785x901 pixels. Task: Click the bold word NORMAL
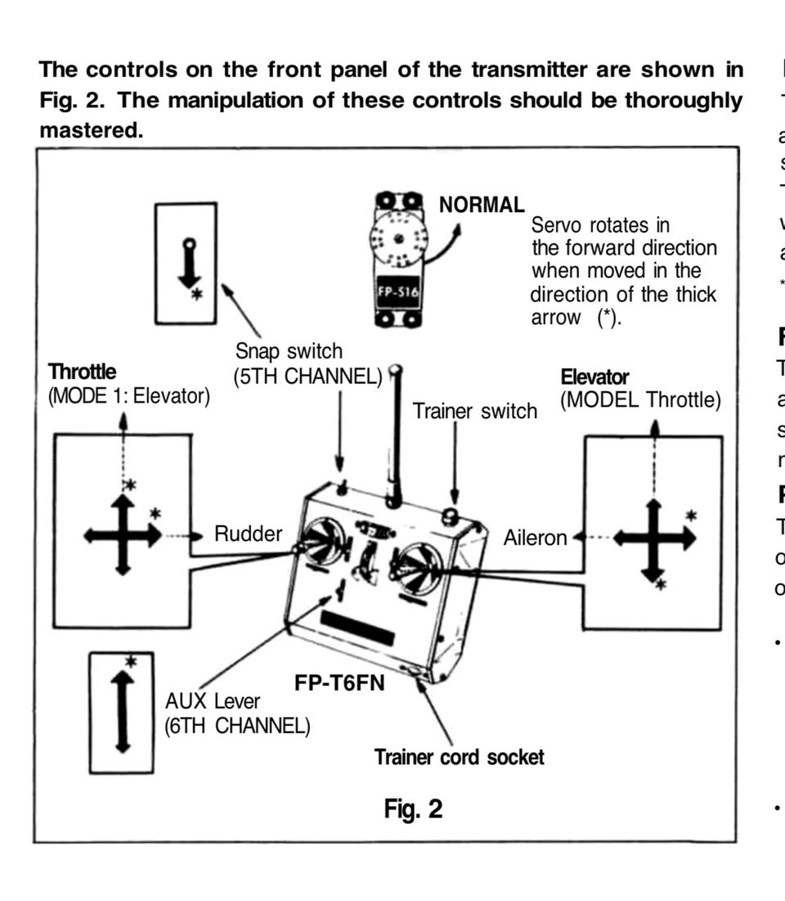(x=482, y=204)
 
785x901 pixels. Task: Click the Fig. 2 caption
(x=413, y=809)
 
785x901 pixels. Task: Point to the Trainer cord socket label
(x=459, y=757)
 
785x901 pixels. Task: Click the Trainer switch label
(x=474, y=410)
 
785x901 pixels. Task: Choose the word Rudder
(x=248, y=534)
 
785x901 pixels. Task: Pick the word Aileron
(x=535, y=538)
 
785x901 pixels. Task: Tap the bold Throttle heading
(x=83, y=372)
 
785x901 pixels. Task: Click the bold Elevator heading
(x=594, y=377)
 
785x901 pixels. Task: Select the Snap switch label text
(x=289, y=352)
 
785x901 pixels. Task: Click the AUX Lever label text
(x=213, y=701)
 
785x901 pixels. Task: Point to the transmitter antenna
(x=396, y=434)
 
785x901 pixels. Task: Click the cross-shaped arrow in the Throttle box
(x=123, y=536)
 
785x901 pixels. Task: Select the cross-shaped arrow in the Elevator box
(x=653, y=538)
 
